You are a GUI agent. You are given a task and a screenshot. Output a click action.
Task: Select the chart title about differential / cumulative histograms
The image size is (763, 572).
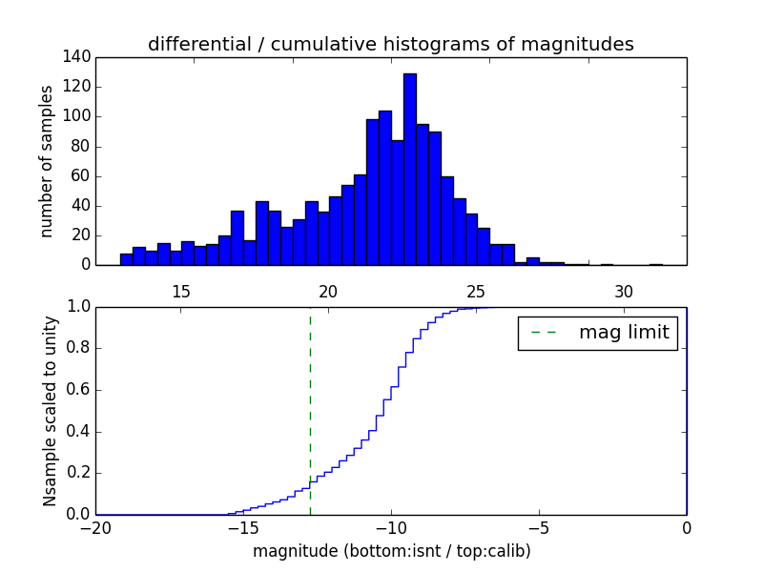click(390, 45)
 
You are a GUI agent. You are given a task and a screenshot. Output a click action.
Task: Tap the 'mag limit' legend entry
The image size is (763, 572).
click(597, 333)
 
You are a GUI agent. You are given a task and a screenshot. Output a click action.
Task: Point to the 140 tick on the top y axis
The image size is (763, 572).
click(79, 57)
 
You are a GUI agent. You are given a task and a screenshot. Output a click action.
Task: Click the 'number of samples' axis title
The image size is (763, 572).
click(47, 161)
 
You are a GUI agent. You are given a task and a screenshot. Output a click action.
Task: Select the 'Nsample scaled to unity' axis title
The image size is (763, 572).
click(50, 411)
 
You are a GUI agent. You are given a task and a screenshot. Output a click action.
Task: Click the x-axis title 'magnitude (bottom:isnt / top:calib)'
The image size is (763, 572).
click(391, 551)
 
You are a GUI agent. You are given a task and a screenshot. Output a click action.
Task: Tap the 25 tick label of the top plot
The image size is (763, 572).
click(476, 291)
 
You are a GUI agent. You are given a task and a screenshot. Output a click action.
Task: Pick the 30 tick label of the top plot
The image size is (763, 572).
click(624, 291)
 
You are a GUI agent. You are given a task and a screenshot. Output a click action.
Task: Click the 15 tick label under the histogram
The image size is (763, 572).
click(181, 291)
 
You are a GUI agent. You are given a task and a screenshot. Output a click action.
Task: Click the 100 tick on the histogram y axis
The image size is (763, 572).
click(79, 116)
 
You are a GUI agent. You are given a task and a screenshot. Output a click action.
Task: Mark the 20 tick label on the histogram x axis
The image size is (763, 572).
click(328, 291)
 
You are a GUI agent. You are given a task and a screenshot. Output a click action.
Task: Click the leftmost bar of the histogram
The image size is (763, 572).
click(126, 259)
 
